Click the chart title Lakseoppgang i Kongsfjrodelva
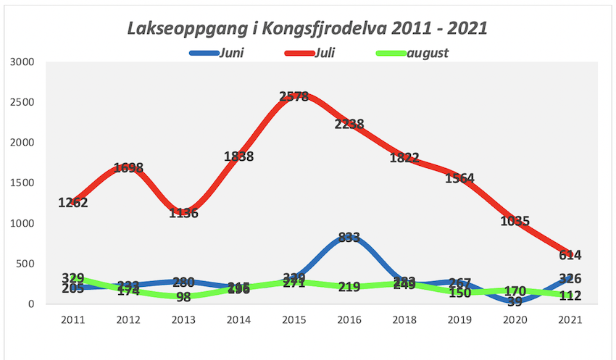click(307, 28)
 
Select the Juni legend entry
click(230, 53)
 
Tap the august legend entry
click(428, 53)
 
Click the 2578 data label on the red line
click(294, 97)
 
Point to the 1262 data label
click(73, 203)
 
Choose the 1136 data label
click(183, 213)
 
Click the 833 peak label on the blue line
click(349, 238)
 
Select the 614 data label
click(570, 255)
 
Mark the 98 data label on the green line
click(183, 297)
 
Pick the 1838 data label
click(238, 156)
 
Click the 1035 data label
click(515, 221)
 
